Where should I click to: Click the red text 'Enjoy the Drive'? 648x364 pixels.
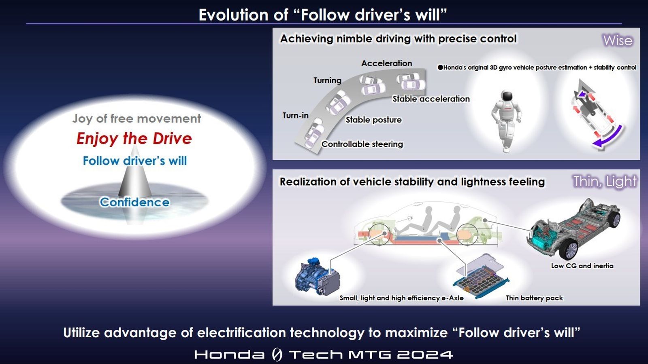click(x=134, y=139)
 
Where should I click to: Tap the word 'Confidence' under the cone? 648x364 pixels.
click(x=134, y=202)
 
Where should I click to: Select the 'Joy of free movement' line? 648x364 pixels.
click(x=136, y=119)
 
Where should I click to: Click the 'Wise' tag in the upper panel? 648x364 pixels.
click(x=617, y=40)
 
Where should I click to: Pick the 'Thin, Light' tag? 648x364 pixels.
click(x=605, y=182)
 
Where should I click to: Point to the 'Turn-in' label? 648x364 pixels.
click(x=295, y=115)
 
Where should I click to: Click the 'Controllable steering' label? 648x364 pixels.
click(x=362, y=144)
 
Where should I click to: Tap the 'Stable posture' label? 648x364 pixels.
click(x=374, y=120)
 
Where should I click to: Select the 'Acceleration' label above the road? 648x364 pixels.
click(x=387, y=63)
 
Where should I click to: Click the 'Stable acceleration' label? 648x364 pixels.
click(x=431, y=99)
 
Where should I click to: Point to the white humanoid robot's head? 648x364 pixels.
click(x=507, y=95)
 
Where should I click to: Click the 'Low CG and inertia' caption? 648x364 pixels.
click(x=582, y=266)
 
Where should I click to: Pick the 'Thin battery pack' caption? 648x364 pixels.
click(x=534, y=298)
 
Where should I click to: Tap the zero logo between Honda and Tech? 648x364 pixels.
click(x=277, y=354)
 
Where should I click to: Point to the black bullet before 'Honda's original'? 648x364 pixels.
click(x=440, y=68)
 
